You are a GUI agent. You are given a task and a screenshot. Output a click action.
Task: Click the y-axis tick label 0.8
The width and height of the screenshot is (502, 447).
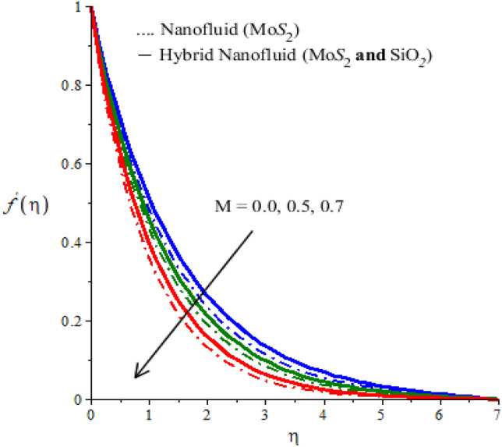pyautogui.click(x=76, y=86)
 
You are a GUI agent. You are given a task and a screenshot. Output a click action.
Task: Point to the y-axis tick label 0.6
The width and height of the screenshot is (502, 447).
pyautogui.click(x=76, y=165)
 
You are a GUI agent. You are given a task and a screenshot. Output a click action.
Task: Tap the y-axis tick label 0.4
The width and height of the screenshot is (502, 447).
pyautogui.click(x=76, y=243)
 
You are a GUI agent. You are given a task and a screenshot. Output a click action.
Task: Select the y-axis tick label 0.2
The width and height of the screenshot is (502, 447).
pyautogui.click(x=76, y=321)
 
